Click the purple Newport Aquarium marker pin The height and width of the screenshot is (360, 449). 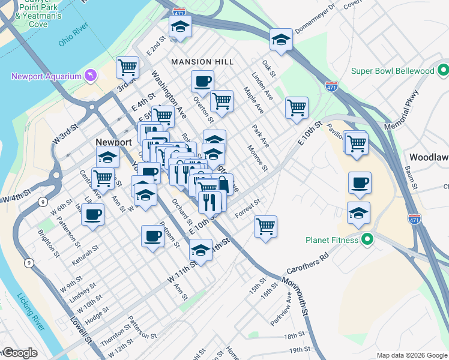(90, 76)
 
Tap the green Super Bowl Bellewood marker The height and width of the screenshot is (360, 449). (444, 70)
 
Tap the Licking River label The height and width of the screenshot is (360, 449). (31, 311)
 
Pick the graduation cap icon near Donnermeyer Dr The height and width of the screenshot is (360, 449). (280, 40)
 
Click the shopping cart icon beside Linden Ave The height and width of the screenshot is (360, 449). (297, 108)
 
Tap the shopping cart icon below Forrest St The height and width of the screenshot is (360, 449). (265, 227)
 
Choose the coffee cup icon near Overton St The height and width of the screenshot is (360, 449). (202, 81)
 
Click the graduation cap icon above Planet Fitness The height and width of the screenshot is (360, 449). (358, 213)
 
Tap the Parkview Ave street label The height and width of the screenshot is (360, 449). (281, 309)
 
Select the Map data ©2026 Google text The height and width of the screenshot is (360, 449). (411, 355)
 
